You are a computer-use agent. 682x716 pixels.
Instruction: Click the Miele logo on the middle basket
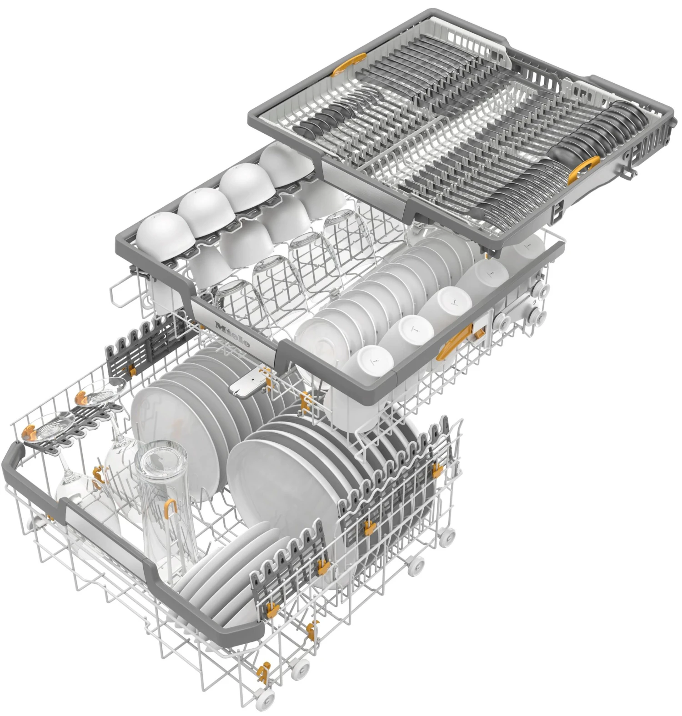pyautogui.click(x=232, y=335)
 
